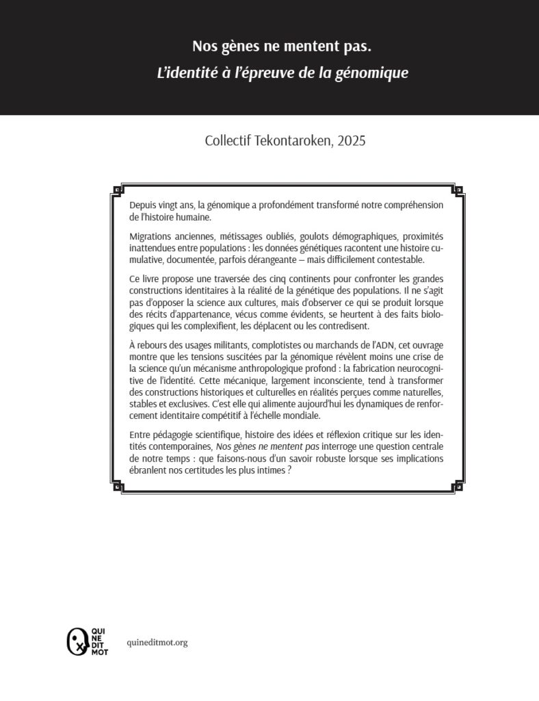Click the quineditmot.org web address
(x=157, y=643)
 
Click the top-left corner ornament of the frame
(x=117, y=190)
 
